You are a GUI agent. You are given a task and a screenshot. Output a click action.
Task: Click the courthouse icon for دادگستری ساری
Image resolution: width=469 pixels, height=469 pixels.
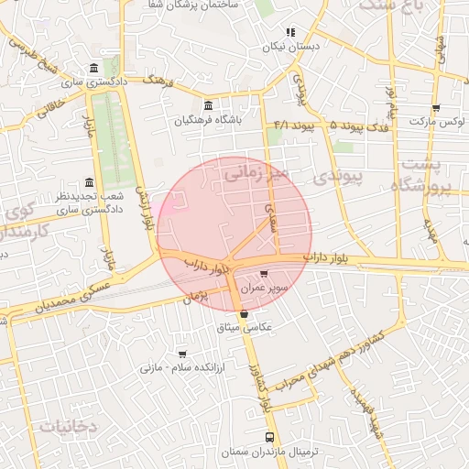pyautogui.click(x=95, y=68)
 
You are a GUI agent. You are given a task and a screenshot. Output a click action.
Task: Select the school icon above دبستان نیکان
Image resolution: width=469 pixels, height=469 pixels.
pyautogui.click(x=290, y=32)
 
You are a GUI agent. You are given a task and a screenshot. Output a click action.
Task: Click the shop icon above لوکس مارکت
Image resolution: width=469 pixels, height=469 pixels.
pyautogui.click(x=436, y=106)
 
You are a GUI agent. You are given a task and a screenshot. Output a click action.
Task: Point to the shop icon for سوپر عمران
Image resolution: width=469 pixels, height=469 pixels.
pyautogui.click(x=265, y=273)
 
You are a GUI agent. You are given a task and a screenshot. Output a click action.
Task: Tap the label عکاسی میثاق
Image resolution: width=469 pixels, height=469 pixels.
pyautogui.click(x=243, y=327)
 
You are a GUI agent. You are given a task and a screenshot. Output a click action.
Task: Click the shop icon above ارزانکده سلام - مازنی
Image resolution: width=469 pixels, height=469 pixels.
pyautogui.click(x=182, y=353)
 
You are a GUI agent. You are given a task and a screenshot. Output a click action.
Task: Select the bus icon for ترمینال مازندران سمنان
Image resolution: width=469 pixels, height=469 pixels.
pyautogui.click(x=268, y=438)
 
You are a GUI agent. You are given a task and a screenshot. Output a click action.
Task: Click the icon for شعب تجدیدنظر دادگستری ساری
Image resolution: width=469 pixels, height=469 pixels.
pyautogui.click(x=89, y=182)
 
